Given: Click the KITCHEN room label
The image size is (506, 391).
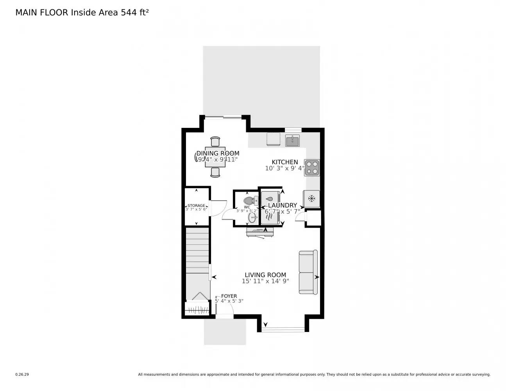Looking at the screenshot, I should (x=285, y=162).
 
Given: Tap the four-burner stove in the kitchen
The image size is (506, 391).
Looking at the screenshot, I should (x=312, y=167).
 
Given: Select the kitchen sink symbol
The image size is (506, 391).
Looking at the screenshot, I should (x=292, y=140).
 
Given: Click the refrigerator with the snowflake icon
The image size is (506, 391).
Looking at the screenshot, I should (x=311, y=199).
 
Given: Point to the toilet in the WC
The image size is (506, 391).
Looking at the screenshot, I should (x=250, y=201).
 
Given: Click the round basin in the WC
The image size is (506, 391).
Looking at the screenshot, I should (x=252, y=217).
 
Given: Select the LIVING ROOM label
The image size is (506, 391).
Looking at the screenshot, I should (x=265, y=275).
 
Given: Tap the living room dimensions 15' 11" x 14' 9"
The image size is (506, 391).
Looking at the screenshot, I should (x=265, y=281).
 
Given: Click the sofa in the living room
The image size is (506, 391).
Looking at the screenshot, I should (x=308, y=272).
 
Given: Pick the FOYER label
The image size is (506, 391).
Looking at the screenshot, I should (x=229, y=296).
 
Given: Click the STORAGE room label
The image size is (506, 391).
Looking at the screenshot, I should (x=196, y=205).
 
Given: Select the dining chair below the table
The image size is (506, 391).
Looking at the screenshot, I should (x=215, y=172).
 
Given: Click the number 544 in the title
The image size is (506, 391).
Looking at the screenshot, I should (x=128, y=13).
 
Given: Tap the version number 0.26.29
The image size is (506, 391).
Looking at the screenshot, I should (x=22, y=374).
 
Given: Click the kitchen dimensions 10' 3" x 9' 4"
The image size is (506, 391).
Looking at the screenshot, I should (x=285, y=169).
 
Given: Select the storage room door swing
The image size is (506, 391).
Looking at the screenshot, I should (x=218, y=208).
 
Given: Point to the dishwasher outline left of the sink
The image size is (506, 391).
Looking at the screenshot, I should (x=273, y=139).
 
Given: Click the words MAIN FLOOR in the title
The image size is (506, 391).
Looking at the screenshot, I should (x=42, y=13).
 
